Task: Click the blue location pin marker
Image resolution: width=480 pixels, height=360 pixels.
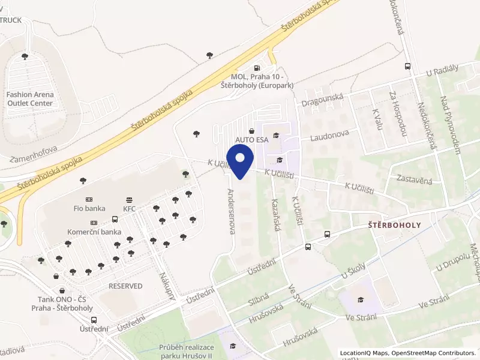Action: tap(240, 163)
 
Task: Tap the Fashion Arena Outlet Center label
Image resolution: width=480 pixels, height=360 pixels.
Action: tap(30, 99)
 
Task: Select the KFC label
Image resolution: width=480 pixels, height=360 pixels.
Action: tap(130, 208)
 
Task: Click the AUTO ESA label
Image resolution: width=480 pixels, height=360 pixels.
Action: tap(251, 140)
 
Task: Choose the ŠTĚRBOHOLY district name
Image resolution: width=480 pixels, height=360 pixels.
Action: tap(394, 224)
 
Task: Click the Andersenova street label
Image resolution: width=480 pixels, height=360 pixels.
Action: tap(232, 211)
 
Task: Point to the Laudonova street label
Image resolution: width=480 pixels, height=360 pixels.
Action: tap(329, 137)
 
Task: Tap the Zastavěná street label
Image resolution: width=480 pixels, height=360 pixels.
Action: tap(415, 179)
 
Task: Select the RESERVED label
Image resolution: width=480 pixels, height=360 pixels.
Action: tap(125, 286)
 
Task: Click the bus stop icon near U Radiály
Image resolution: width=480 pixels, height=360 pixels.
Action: tap(408, 67)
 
